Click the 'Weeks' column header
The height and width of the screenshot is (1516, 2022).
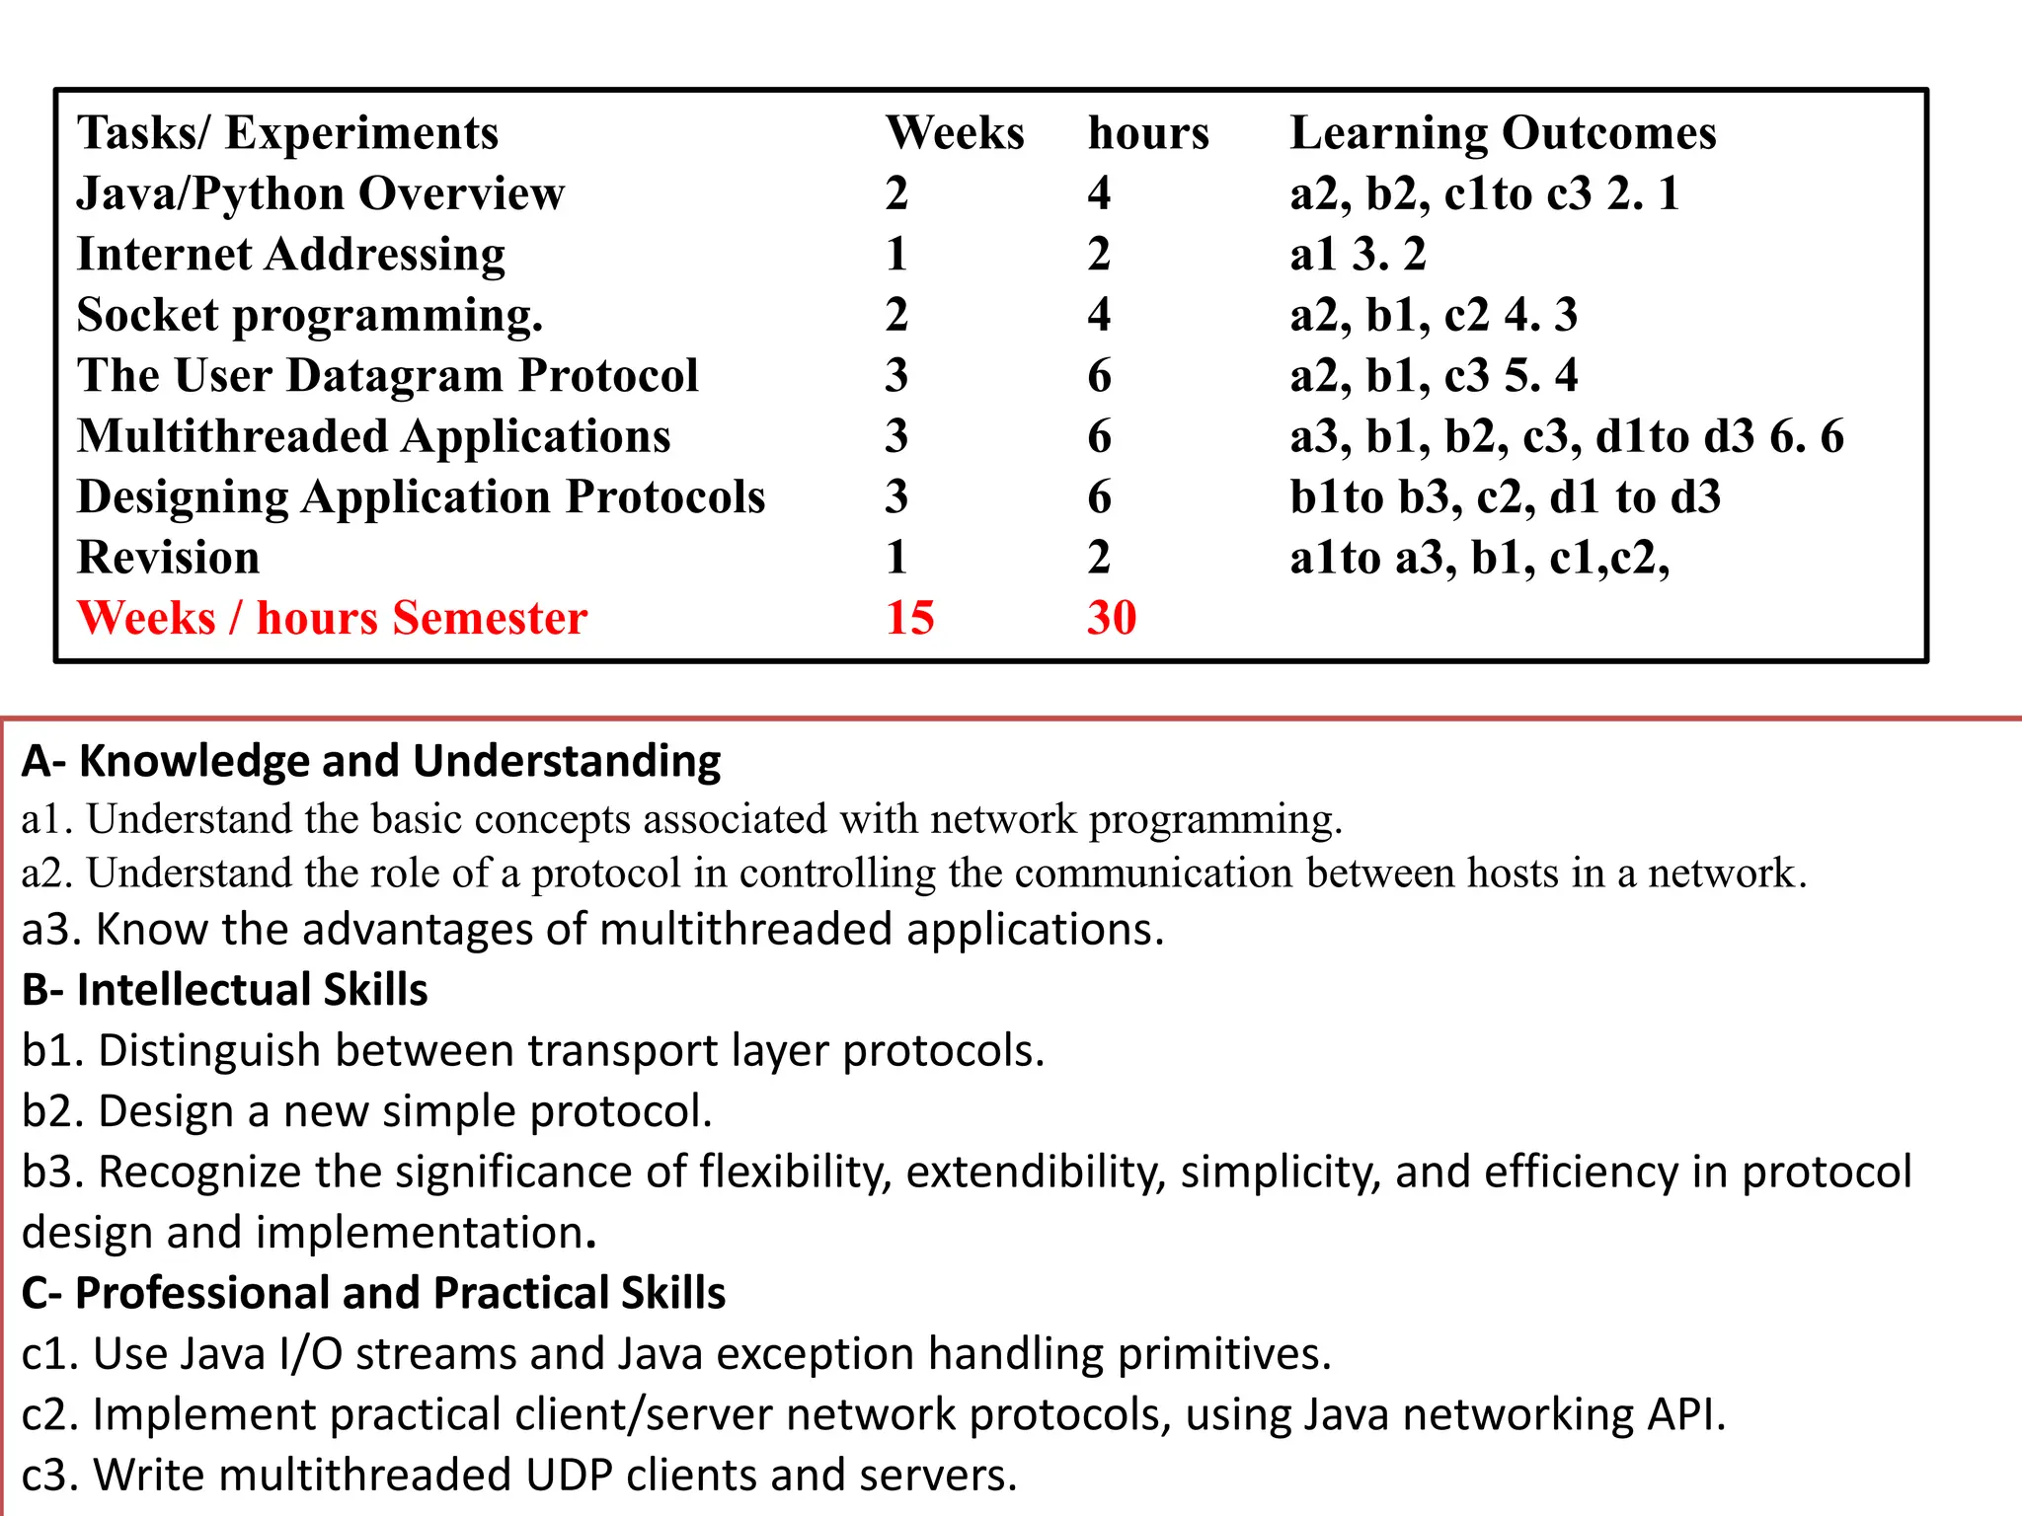coord(954,133)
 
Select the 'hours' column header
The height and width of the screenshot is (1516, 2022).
coord(1147,133)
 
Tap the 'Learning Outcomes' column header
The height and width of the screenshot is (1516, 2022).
coord(1503,133)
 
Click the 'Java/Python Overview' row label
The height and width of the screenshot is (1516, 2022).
coord(321,193)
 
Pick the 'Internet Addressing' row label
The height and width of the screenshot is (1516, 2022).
coord(291,255)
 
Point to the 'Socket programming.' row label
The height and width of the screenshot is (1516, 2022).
coord(310,316)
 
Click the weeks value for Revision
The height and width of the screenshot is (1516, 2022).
coord(896,558)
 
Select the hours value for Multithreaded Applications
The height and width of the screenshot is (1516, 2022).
coord(1099,436)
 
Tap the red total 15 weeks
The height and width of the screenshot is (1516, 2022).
coord(909,618)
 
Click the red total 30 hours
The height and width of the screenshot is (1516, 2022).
coord(1112,618)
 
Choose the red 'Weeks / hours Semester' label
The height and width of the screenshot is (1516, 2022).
coord(332,618)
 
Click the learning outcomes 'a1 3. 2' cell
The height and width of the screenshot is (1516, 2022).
coord(1358,255)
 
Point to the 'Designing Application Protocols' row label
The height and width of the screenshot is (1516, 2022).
coord(421,497)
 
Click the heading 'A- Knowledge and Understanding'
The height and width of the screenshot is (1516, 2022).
coord(371,761)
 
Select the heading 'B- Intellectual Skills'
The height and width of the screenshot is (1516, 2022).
coord(225,990)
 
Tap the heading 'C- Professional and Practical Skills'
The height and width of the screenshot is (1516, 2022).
coord(373,1293)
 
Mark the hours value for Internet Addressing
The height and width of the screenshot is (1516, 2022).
coord(1099,255)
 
